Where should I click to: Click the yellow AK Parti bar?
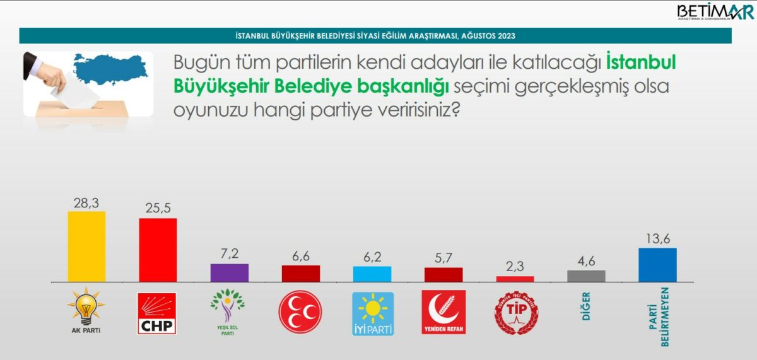pyautogui.click(x=86, y=247)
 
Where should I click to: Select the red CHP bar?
pyautogui.click(x=158, y=250)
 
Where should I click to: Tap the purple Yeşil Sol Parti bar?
pyautogui.click(x=230, y=273)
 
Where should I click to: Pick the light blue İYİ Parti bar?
pyautogui.click(x=372, y=274)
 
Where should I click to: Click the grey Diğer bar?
pyautogui.click(x=586, y=276)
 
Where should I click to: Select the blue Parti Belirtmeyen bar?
pyautogui.click(x=657, y=265)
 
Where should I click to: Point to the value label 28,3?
pyautogui.click(x=86, y=203)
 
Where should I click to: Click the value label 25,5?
pyautogui.click(x=158, y=207)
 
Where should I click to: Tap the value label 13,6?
pyautogui.click(x=658, y=239)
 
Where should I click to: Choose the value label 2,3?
pyautogui.click(x=515, y=267)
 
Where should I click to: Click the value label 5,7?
pyautogui.click(x=443, y=258)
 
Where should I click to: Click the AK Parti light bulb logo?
pyautogui.click(x=86, y=310)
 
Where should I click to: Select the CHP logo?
pyautogui.click(x=157, y=313)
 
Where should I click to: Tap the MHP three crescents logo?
pyautogui.click(x=300, y=311)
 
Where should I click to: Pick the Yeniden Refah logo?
pyautogui.click(x=443, y=312)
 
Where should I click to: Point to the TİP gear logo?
pyautogui.click(x=516, y=313)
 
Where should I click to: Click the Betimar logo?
pyautogui.click(x=715, y=12)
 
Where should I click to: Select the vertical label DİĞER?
pyautogui.click(x=586, y=306)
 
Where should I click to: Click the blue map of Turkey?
pyautogui.click(x=110, y=69)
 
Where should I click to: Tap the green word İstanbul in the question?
pyautogui.click(x=641, y=62)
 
